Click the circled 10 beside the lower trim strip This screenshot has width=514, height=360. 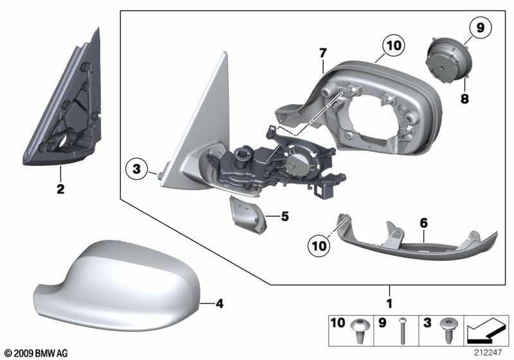coord(318,244)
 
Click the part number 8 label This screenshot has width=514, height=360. coord(463,99)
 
